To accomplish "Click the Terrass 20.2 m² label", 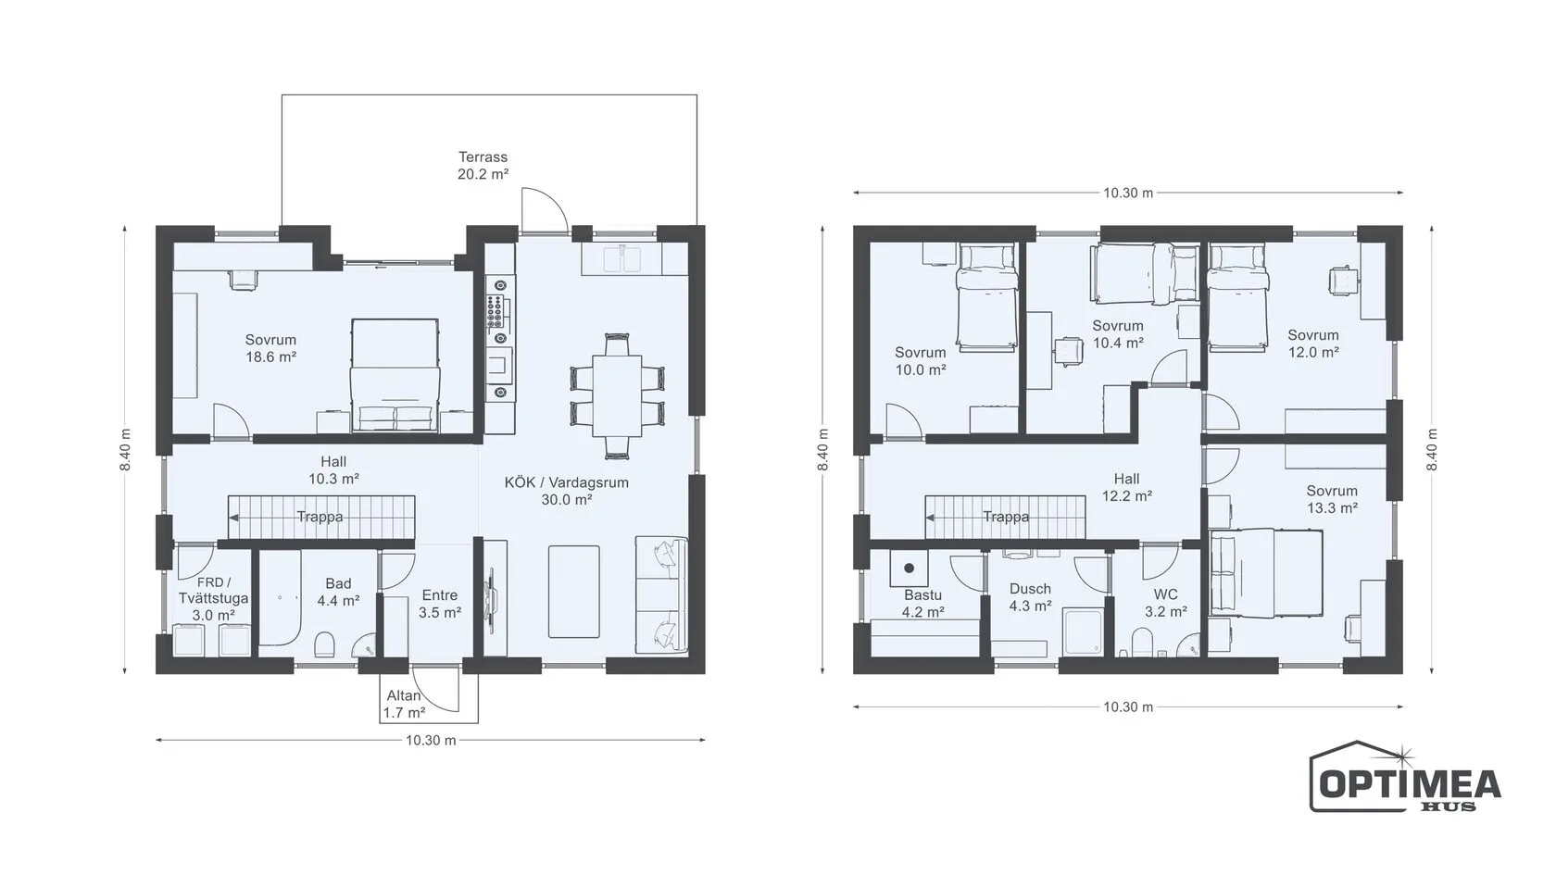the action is (483, 166).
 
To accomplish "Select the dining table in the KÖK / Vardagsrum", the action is (617, 396).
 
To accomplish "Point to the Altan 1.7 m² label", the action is (404, 704).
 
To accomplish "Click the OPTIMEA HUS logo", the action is (1404, 778).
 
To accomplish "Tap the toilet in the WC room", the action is (1142, 643).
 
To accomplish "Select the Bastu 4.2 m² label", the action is (922, 604).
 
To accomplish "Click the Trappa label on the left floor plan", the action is (320, 517).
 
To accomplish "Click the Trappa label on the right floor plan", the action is (1006, 517).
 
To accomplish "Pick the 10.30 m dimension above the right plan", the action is (1128, 193).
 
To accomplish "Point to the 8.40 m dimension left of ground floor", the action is (125, 449).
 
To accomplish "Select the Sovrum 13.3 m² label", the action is (1332, 499).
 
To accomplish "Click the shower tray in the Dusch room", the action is (1082, 631).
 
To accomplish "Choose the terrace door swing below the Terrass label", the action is (541, 208).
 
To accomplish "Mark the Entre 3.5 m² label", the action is (440, 604).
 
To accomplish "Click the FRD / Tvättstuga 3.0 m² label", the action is (213, 598).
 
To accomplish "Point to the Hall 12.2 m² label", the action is (1126, 487).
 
